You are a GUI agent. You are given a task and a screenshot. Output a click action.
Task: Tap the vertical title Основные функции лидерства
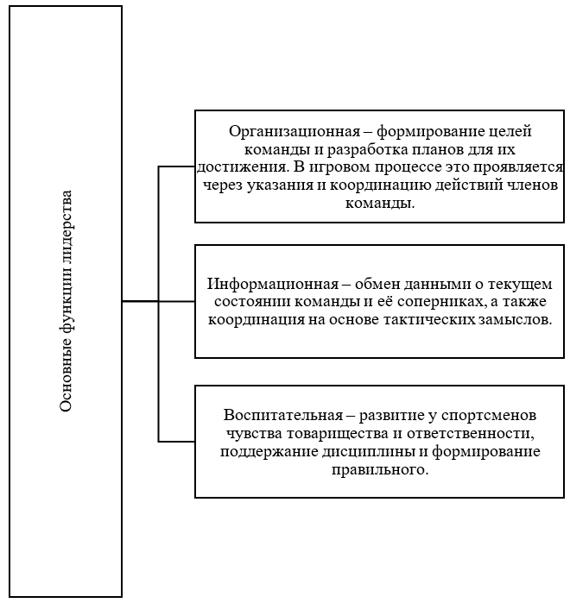point(66,302)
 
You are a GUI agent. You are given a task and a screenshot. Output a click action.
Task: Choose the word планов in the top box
point(412,149)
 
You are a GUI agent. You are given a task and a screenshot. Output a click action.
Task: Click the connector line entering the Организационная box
point(177,166)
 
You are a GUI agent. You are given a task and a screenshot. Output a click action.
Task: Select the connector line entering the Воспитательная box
point(177,441)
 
